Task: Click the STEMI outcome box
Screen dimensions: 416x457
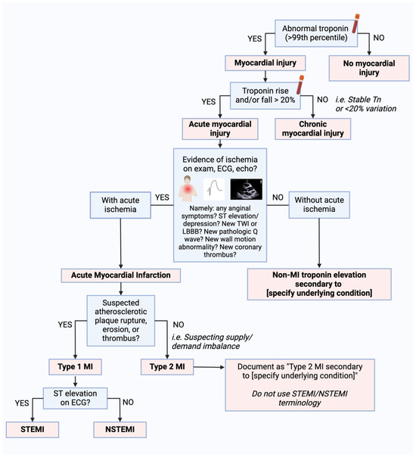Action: [x=33, y=429]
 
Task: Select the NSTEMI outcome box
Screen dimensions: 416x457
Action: [x=120, y=429]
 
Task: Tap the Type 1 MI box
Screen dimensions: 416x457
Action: [x=75, y=367]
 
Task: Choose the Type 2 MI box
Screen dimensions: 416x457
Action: [x=167, y=367]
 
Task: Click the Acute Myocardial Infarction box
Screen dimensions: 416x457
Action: [x=121, y=275]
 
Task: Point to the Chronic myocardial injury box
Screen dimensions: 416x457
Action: [x=313, y=129]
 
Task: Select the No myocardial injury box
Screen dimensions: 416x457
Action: [x=369, y=68]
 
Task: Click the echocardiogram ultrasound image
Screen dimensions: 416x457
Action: [x=246, y=189]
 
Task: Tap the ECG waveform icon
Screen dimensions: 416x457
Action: [x=214, y=189]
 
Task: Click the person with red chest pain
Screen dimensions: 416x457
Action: [x=188, y=188]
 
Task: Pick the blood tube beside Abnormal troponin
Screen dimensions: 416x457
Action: [x=355, y=23]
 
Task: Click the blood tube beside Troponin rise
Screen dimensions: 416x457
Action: [x=300, y=85]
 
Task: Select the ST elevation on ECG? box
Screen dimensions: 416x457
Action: [x=75, y=398]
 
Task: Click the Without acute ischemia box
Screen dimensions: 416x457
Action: [x=319, y=205]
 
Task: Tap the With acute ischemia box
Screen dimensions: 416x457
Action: [x=120, y=205]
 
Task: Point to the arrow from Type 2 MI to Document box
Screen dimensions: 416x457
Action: [x=209, y=367]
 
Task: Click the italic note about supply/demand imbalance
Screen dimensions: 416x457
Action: [x=212, y=341]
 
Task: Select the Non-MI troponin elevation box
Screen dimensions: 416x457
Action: [x=319, y=284]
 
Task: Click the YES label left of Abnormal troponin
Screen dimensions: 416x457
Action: [x=255, y=39]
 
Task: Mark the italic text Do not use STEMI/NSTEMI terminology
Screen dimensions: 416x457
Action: [x=300, y=398]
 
